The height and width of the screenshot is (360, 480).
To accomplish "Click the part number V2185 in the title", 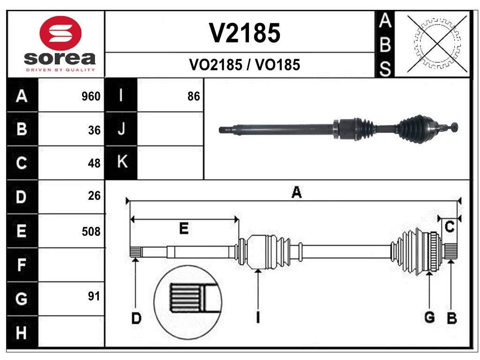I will click(x=244, y=33).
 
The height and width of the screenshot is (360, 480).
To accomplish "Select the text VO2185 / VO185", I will click(x=244, y=65).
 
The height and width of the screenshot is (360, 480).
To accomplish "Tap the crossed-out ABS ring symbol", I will click(x=437, y=43).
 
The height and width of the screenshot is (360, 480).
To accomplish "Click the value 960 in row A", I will click(x=91, y=97).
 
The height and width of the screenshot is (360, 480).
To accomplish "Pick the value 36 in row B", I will click(x=94, y=130).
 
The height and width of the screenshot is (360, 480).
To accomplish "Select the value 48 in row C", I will click(x=94, y=163).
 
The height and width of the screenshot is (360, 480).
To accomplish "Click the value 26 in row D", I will click(x=94, y=196).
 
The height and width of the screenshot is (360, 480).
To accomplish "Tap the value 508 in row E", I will click(x=91, y=231).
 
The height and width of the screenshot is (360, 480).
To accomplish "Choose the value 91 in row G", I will click(x=94, y=296).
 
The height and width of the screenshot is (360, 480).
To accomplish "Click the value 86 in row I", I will click(x=194, y=97).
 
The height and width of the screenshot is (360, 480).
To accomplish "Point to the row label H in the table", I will click(x=22, y=333).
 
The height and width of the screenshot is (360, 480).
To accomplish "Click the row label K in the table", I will click(x=121, y=162).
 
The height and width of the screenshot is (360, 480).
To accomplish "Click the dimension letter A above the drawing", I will click(x=296, y=192).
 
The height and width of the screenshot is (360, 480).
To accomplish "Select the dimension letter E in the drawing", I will click(x=184, y=228).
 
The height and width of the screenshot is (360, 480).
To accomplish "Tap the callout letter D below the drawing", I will click(x=136, y=319).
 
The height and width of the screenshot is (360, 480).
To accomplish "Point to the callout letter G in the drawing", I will click(x=429, y=317).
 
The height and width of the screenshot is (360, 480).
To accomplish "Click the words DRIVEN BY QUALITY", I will click(x=60, y=70).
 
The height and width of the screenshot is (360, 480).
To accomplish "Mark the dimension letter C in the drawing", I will click(x=450, y=227).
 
